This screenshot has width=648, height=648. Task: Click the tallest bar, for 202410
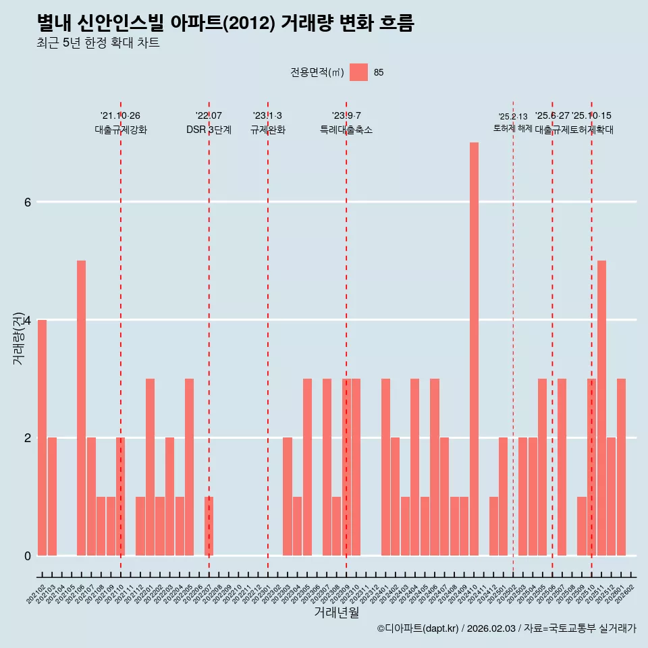(474, 349)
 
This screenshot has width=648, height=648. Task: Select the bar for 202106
(81, 408)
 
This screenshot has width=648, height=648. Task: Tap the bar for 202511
(601, 408)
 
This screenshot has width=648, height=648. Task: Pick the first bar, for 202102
(42, 437)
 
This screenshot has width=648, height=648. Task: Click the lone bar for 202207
(209, 526)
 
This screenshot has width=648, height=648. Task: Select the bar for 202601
(621, 467)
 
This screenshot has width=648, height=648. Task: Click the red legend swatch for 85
(358, 72)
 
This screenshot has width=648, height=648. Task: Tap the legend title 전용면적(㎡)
(317, 72)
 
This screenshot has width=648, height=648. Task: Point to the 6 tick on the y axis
(27, 202)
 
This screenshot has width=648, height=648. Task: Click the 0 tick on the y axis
(27, 556)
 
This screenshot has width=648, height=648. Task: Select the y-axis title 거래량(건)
(18, 337)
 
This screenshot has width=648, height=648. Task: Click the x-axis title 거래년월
(336, 612)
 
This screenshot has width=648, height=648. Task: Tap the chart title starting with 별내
(225, 23)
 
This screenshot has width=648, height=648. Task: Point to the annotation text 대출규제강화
(120, 130)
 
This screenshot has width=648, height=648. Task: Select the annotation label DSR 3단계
(209, 130)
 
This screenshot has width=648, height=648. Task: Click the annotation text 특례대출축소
(346, 130)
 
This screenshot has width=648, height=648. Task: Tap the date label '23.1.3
(267, 115)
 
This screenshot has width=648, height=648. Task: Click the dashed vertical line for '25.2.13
(513, 337)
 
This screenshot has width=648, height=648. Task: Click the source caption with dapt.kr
(506, 628)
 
